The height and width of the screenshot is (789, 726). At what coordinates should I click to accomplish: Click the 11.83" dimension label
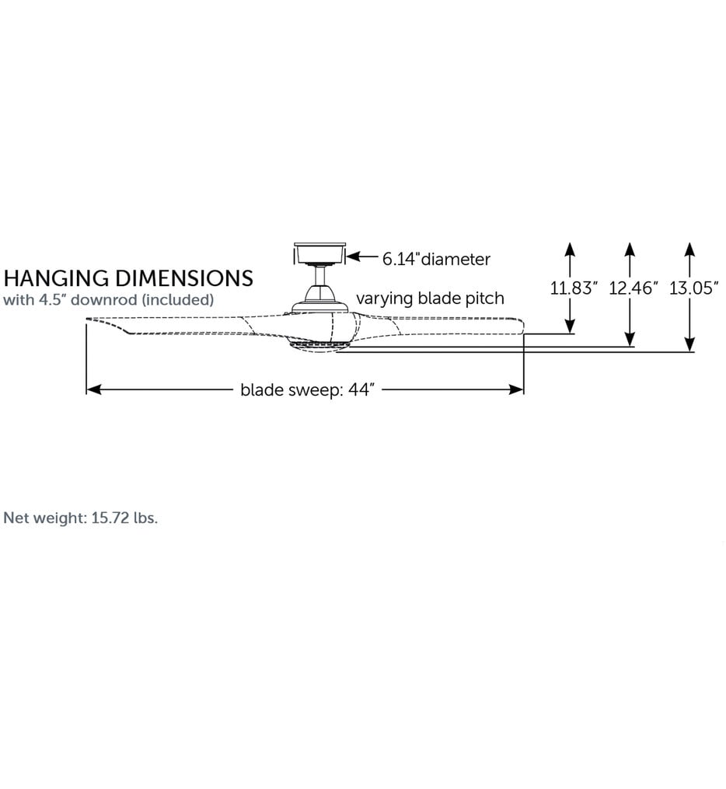574,288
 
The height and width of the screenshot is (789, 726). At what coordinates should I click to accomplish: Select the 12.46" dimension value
634,288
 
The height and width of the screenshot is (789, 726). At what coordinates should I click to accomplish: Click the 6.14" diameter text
436,259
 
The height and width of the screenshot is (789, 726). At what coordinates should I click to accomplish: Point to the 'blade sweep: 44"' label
307,390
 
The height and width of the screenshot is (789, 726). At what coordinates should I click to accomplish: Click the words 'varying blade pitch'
430,298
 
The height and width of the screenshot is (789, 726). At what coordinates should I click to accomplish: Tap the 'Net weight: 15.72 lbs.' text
81,518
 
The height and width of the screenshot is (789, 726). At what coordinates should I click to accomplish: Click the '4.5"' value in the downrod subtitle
52,300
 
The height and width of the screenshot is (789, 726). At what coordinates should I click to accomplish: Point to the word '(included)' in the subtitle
177,300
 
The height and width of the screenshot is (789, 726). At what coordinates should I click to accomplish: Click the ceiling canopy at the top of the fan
319,253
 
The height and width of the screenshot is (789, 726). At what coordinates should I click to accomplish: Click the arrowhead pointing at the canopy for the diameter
354,257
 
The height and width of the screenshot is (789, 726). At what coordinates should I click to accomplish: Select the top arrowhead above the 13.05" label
689,250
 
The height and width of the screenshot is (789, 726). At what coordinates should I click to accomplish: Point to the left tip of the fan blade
86,319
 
